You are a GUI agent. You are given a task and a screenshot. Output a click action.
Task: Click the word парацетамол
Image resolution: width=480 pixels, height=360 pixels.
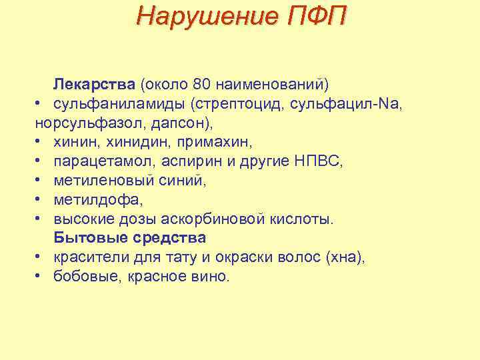point(97,161)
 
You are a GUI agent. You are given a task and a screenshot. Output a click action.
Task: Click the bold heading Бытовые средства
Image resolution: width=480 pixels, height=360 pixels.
point(130,237)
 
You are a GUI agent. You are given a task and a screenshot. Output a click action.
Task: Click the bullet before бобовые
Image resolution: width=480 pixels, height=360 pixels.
point(41,276)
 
